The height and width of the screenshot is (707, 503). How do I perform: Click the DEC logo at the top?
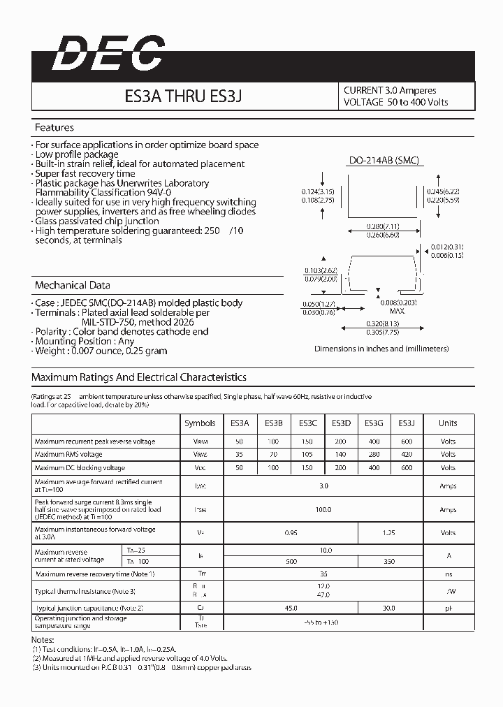pos(108,53)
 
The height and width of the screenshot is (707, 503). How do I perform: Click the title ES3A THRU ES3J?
pos(184,96)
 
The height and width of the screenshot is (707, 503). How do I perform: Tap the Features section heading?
pos(54,128)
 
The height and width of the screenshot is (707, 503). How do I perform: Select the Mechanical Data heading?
pos(73,285)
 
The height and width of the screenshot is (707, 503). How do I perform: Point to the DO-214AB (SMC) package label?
pos(384,160)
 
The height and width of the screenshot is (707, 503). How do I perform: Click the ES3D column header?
pos(341,423)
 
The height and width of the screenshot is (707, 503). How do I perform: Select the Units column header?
pos(448,423)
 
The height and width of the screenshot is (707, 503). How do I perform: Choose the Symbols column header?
pos(200,423)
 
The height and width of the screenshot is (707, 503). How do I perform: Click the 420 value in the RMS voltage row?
pos(407,455)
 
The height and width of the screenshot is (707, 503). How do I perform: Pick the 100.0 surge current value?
pos(323,510)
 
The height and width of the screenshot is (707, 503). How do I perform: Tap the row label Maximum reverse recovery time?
pos(94,574)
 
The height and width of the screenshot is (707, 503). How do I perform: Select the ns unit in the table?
pos(448,574)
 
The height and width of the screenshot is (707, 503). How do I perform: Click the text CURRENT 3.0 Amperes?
pos(390,90)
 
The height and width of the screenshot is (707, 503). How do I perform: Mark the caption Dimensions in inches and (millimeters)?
pos(381,348)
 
